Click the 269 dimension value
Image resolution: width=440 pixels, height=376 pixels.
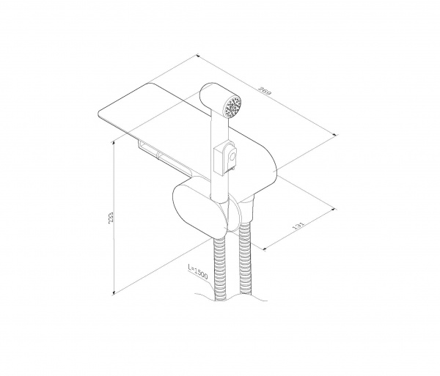(x=265, y=91)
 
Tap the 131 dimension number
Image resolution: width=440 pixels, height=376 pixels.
(x=298, y=226)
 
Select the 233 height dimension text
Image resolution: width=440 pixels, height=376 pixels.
(x=111, y=218)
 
